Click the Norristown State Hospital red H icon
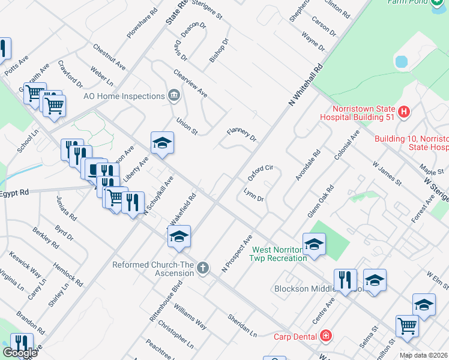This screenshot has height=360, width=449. (404, 112)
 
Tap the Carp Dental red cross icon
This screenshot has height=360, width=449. (326, 335)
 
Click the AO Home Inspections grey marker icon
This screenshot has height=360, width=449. (173, 95)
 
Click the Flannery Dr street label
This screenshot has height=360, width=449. (241, 134)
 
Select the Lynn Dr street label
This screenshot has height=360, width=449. (253, 194)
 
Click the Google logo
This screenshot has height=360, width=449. (19, 353)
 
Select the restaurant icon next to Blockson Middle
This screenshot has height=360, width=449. (345, 280)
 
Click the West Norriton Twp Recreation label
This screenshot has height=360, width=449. (279, 254)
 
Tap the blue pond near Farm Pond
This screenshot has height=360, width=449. (401, 61)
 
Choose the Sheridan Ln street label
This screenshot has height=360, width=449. (242, 325)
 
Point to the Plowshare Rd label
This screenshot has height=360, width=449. (142, 23)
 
